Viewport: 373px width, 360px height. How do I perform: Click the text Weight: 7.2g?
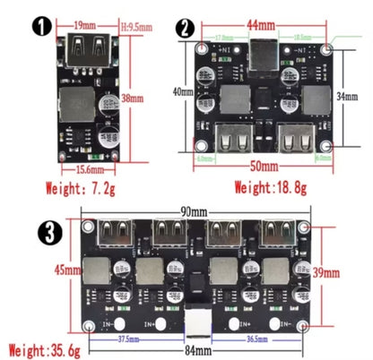tap(84, 188)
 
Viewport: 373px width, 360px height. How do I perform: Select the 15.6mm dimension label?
tap(88, 168)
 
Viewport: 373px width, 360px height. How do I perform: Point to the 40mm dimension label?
tap(182, 90)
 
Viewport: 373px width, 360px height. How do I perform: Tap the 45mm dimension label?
tap(63, 270)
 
